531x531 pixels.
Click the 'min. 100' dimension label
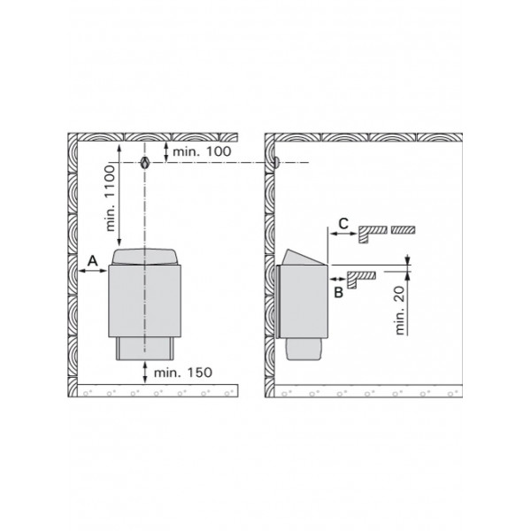tap(202, 151)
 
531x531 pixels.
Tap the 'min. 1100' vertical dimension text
tap(111, 198)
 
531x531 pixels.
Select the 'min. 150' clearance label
tap(183, 373)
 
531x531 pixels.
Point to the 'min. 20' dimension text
tap(400, 311)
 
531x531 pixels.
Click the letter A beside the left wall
tap(92, 261)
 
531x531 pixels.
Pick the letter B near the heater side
tap(339, 292)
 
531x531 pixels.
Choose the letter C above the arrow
tap(343, 224)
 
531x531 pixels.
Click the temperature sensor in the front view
tap(145, 163)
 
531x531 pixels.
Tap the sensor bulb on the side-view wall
tap(277, 162)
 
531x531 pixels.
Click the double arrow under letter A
tap(92, 271)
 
